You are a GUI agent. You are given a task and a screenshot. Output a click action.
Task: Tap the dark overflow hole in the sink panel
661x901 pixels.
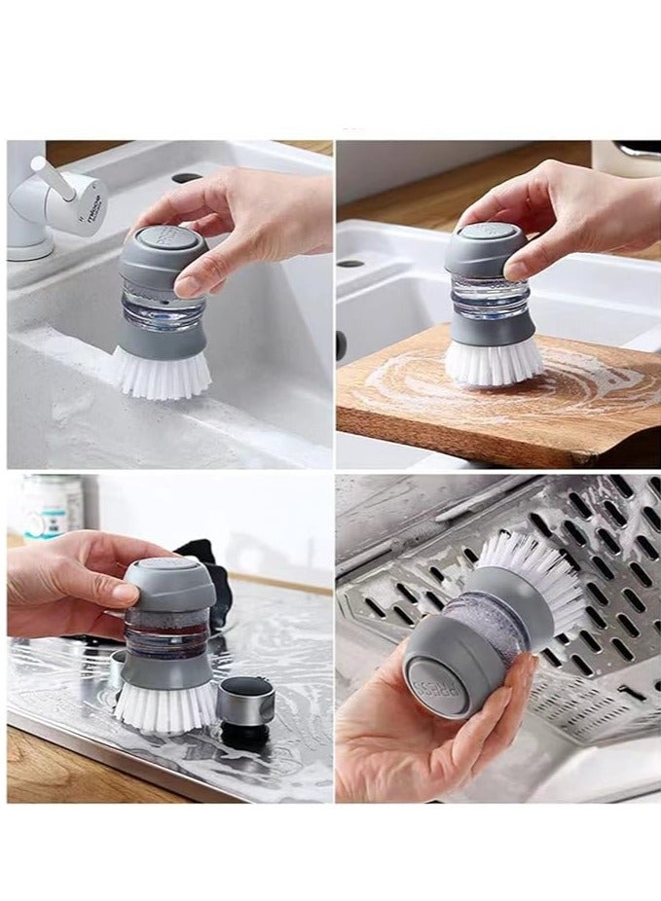click(x=187, y=178)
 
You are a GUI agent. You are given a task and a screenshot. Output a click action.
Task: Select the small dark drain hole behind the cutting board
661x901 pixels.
click(x=351, y=263)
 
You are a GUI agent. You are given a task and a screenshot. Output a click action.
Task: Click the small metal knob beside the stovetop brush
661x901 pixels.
click(x=245, y=703)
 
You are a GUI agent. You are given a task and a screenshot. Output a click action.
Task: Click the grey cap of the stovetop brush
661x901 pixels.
click(x=171, y=582)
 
